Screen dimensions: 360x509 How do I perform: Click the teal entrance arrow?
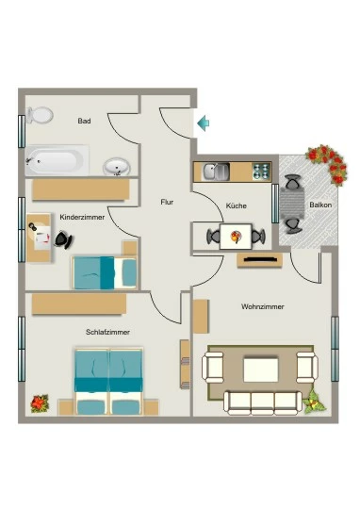[x=204, y=123]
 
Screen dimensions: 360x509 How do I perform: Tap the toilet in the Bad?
[x=40, y=115]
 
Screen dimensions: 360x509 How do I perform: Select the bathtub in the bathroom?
[x=57, y=160]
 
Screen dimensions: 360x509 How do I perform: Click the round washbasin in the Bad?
[x=117, y=167]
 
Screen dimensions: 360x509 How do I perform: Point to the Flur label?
[x=167, y=202]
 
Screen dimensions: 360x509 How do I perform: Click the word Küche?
[x=236, y=205]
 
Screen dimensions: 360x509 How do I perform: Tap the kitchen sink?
[x=216, y=172]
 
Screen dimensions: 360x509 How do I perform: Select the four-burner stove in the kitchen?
[x=261, y=172]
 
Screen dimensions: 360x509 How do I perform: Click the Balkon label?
[x=320, y=205]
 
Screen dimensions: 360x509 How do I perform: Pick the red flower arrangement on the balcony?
[x=328, y=164]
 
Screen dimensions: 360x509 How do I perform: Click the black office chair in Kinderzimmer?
[x=64, y=240]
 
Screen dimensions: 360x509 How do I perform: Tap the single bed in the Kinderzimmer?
[x=105, y=272]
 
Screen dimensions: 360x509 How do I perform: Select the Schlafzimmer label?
[x=107, y=332]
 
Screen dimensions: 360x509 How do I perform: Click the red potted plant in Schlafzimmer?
[x=40, y=403]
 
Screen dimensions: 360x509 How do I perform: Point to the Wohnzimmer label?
[x=263, y=306]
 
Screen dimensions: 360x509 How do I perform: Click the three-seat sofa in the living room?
[x=263, y=402]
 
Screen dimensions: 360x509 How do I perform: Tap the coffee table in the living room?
[x=261, y=369]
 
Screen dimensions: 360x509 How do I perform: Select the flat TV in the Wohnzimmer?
[x=260, y=259]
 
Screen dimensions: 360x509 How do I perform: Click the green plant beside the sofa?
[x=314, y=402]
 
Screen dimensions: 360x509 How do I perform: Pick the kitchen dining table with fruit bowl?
[x=236, y=237]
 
